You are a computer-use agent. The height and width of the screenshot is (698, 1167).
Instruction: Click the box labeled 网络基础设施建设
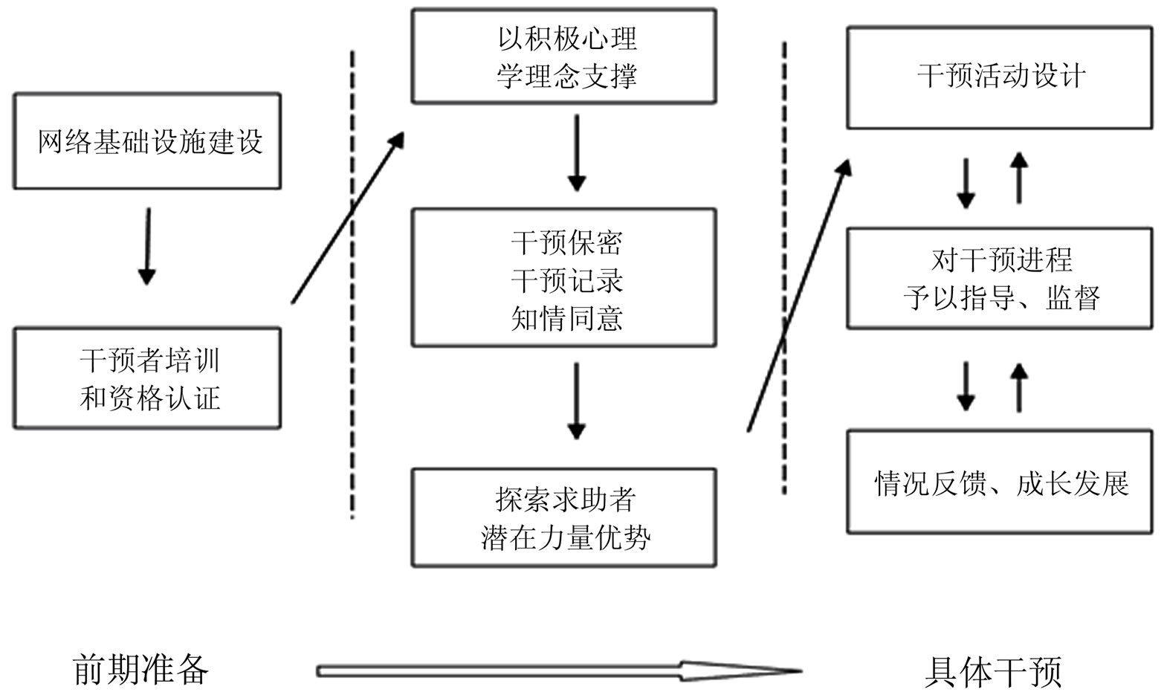(x=147, y=140)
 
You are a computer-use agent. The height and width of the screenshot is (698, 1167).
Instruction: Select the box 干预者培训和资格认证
(x=147, y=378)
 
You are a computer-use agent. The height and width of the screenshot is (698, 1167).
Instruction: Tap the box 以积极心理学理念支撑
(x=564, y=56)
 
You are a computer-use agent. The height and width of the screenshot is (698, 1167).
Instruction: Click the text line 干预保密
(x=566, y=243)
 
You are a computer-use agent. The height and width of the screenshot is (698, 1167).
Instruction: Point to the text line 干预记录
(x=566, y=281)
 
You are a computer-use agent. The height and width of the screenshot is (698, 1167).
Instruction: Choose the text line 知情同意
(x=566, y=319)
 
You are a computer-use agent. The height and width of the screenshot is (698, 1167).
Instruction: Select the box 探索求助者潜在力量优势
(x=564, y=517)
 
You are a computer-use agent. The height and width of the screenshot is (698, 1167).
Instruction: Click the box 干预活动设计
(x=1000, y=77)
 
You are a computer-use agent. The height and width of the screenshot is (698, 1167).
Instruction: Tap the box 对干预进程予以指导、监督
(x=1000, y=279)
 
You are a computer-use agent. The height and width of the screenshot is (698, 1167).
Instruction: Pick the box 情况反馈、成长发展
(x=1000, y=482)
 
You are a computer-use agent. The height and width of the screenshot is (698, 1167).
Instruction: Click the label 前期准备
(x=140, y=670)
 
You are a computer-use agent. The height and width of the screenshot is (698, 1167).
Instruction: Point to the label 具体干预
(x=993, y=671)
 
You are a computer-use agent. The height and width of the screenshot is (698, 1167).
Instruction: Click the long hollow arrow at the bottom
(x=557, y=671)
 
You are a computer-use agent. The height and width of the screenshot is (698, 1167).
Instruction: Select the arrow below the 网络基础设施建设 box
(x=147, y=245)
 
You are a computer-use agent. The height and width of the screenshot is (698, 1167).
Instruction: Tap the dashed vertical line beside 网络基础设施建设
(x=352, y=282)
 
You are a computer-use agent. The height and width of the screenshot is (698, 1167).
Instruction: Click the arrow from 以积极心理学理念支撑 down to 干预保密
(x=576, y=152)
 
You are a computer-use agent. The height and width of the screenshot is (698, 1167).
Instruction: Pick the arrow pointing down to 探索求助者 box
(x=576, y=400)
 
